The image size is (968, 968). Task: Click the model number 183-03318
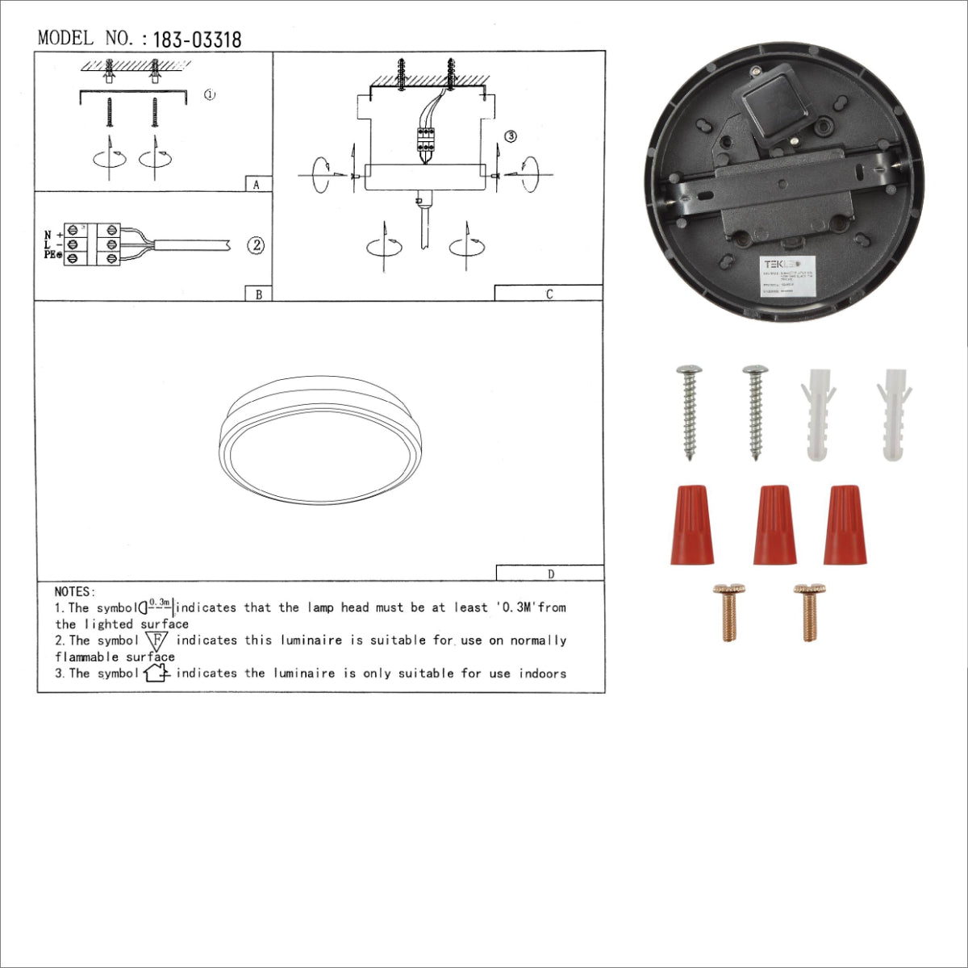(197, 40)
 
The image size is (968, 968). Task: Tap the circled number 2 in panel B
(256, 245)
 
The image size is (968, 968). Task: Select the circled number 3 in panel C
(510, 136)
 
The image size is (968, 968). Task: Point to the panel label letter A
(257, 185)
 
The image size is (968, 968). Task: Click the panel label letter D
(551, 574)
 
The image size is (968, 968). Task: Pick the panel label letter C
(549, 294)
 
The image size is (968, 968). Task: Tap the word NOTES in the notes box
(74, 592)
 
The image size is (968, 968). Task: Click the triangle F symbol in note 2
(157, 641)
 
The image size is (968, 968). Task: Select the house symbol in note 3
(156, 673)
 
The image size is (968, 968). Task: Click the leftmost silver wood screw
(690, 411)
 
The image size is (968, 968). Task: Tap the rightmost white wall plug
(894, 415)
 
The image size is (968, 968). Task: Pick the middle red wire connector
(774, 524)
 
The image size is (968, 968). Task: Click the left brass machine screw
(729, 611)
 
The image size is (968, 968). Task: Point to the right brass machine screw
(809, 611)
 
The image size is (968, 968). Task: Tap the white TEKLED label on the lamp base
(790, 277)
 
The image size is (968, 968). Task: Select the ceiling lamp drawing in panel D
(320, 440)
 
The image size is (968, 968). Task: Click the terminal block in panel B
(93, 244)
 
